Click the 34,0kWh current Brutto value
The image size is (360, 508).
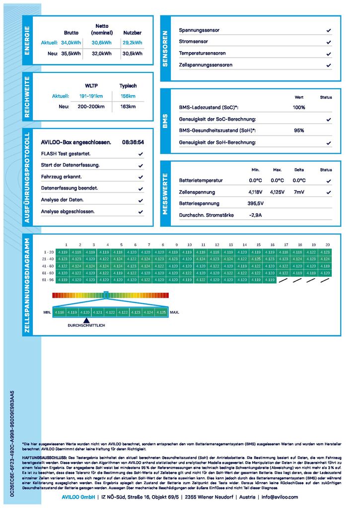click(x=71, y=43)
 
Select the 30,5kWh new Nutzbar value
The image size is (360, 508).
click(x=132, y=54)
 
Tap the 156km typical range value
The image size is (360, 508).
click(x=128, y=96)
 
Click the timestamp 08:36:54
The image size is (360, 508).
click(x=133, y=142)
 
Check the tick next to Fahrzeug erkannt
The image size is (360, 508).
click(x=141, y=177)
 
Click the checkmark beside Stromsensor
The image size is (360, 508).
click(x=328, y=42)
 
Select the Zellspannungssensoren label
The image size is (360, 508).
click(x=206, y=65)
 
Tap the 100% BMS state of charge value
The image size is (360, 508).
click(x=299, y=108)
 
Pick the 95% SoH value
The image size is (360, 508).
click(x=299, y=130)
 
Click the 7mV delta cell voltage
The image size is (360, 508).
click(x=299, y=192)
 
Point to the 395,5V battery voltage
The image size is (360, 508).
click(x=256, y=203)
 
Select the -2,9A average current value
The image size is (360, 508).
click(x=255, y=215)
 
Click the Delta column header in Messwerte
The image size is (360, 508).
click(x=299, y=170)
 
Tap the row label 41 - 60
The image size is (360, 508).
click(x=48, y=266)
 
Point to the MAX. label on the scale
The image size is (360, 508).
click(x=174, y=313)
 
